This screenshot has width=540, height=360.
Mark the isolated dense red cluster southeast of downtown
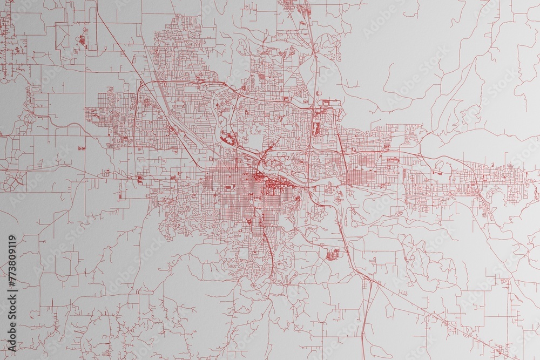pos(332,254)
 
